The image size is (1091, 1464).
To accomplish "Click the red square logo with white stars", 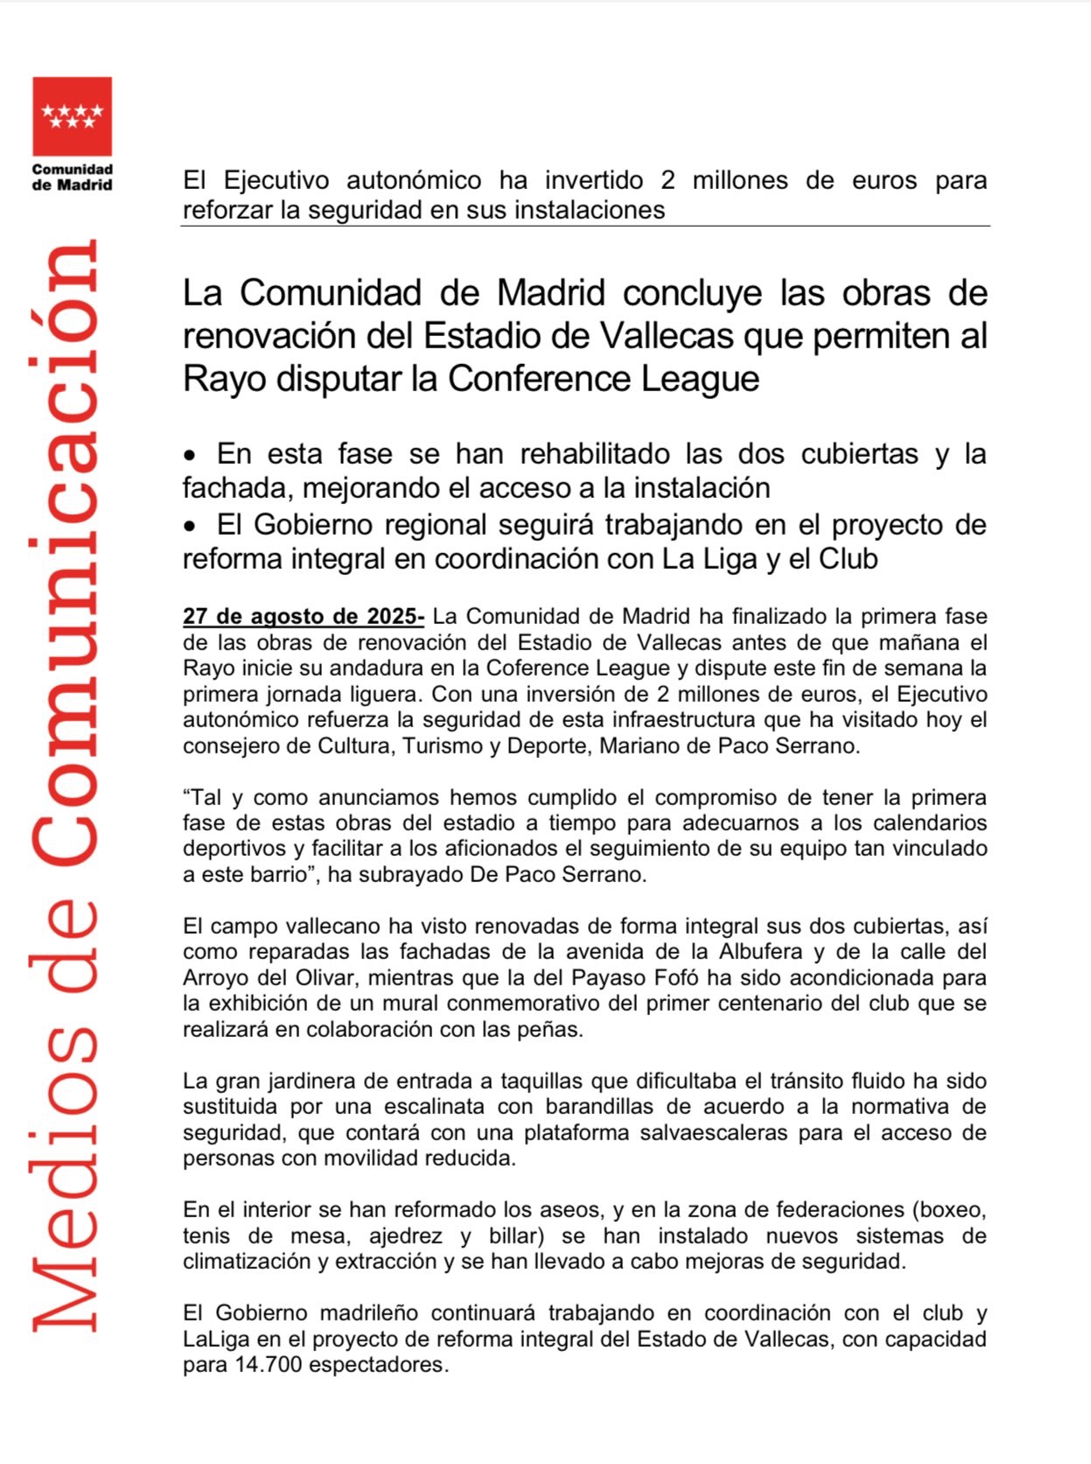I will [72, 116].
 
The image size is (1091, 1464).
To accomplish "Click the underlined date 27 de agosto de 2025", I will [303, 617].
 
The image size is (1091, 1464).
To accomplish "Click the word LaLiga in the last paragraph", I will [215, 1340].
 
